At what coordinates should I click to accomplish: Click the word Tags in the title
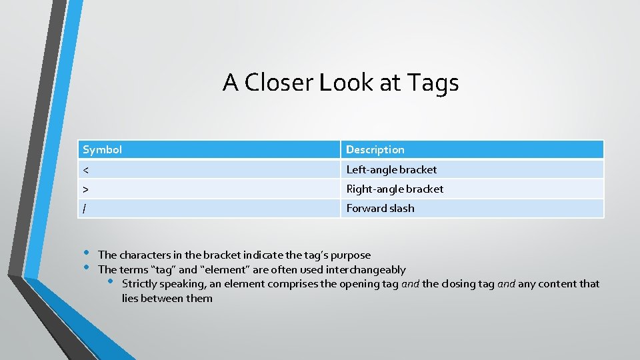[435, 83]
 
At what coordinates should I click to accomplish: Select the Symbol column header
[102, 149]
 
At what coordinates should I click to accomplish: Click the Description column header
[375, 149]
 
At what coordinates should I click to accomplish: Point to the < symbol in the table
[85, 170]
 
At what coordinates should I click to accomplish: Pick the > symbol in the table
[85, 189]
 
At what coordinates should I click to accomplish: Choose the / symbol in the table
[84, 209]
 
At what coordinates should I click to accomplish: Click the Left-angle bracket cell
[391, 169]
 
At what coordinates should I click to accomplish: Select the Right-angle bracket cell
[395, 189]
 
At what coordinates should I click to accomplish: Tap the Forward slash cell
[380, 208]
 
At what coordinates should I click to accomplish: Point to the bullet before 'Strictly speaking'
[111, 281]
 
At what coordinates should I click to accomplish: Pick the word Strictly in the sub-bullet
[141, 284]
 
